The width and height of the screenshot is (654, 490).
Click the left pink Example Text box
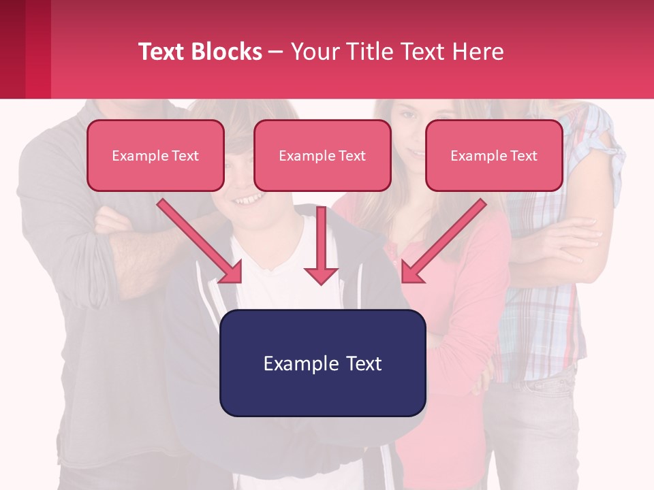155,155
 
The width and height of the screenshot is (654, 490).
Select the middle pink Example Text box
322,155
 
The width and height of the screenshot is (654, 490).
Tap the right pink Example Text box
494,155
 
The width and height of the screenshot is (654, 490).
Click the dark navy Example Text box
322,363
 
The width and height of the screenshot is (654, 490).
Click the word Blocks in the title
226,52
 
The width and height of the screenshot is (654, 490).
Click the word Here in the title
478,52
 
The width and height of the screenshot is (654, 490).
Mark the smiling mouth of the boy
249,199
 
